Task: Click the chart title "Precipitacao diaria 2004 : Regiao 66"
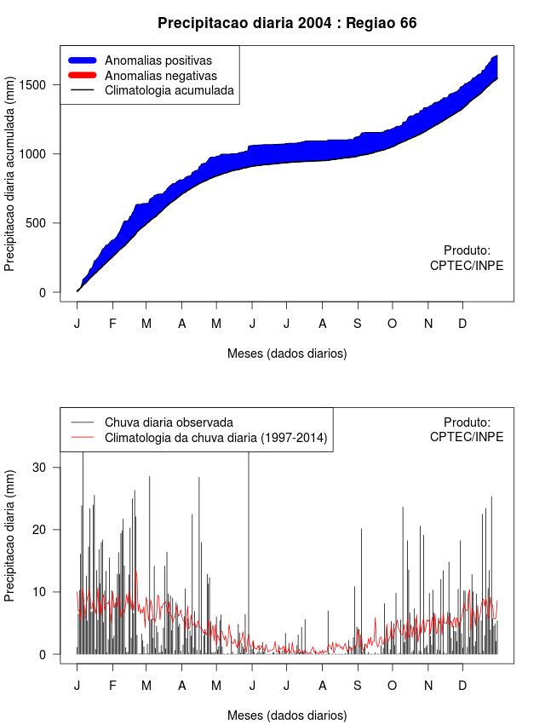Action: click(x=287, y=23)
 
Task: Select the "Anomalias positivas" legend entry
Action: click(x=158, y=60)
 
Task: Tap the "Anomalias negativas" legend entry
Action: click(x=160, y=75)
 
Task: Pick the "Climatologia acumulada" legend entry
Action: click(x=169, y=89)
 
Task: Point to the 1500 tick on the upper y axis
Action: click(x=43, y=84)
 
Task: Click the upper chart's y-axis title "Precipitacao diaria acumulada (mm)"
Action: click(x=10, y=180)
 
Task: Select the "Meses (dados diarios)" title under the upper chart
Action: click(x=287, y=353)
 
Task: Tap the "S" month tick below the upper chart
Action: click(x=358, y=324)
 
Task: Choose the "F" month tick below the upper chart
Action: click(x=112, y=324)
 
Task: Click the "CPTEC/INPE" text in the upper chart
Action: click(x=467, y=266)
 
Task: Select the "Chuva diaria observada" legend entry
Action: click(x=169, y=422)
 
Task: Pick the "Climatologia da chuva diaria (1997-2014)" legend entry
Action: click(x=215, y=438)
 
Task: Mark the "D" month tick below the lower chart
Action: click(x=462, y=686)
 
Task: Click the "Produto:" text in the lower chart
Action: click(x=467, y=422)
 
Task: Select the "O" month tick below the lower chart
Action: click(x=392, y=686)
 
